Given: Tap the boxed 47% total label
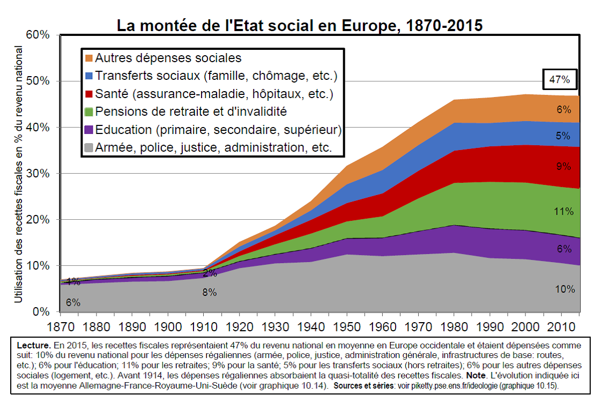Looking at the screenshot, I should [560, 80].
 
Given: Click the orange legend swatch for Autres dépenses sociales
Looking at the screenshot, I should [89, 57].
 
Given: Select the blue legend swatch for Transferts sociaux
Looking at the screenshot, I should [89, 76].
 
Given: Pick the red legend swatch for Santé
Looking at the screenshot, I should [89, 94].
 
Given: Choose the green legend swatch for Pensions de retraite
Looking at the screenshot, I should [89, 111].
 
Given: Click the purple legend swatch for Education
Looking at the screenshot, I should [89, 129].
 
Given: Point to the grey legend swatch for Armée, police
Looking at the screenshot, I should [89, 147].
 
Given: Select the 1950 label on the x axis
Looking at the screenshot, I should [347, 326].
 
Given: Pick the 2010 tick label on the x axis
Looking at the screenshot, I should [561, 326].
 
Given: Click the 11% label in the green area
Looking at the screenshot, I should [563, 211].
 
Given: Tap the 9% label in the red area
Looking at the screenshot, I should [563, 166].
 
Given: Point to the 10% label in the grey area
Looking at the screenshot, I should [565, 289].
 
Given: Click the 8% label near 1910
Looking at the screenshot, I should [209, 292].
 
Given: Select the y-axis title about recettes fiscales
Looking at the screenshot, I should [19, 174].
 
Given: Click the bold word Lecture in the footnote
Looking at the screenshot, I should [34, 345].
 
